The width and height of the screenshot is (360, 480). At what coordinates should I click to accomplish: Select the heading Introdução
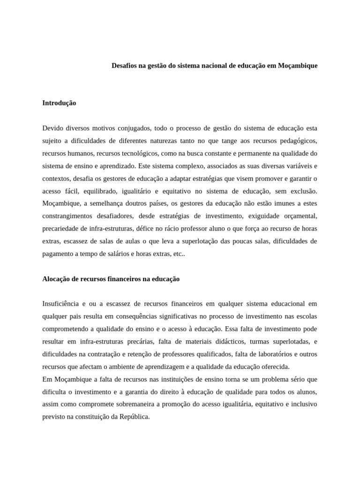pyautogui.click(x=59, y=103)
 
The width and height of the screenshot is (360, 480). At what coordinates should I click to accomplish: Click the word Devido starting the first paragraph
pyautogui.click(x=52, y=128)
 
